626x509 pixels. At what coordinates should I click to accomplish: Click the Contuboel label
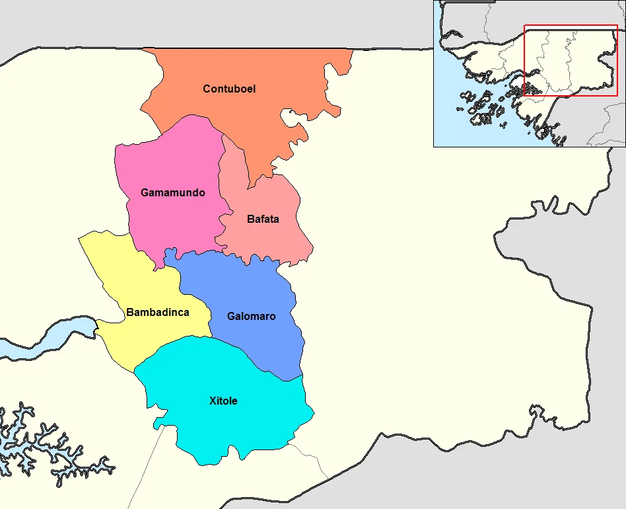click(x=229, y=89)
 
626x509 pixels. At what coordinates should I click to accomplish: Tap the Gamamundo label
click(x=173, y=193)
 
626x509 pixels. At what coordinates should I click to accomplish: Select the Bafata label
click(x=263, y=219)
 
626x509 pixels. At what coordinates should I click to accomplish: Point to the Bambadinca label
click(x=158, y=312)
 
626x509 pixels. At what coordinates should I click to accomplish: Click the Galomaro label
click(x=251, y=316)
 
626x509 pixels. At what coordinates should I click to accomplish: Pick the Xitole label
click(x=223, y=401)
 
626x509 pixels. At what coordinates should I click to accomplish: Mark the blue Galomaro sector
click(x=258, y=344)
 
